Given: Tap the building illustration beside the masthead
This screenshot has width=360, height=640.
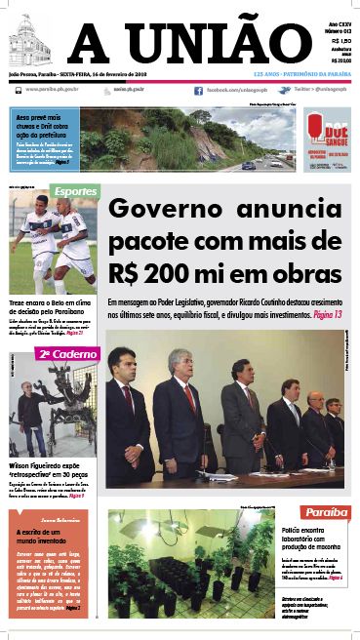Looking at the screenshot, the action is (29, 43).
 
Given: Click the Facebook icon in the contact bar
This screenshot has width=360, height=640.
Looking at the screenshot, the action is (198, 90).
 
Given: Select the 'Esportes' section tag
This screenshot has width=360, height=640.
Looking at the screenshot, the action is (74, 191).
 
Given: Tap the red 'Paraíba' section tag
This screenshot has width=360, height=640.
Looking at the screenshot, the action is (325, 512).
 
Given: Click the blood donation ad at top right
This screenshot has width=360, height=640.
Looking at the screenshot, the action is (325, 140).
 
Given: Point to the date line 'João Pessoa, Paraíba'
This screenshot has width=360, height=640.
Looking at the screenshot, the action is (35, 73).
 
